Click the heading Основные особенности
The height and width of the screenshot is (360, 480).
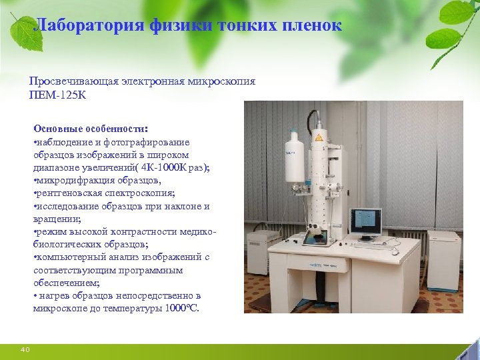[91, 128]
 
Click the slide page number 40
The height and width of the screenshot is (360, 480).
[25, 350]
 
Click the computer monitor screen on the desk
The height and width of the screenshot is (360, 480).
[365, 221]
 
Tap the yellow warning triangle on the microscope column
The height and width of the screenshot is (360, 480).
[319, 137]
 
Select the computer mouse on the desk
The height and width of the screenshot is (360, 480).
[395, 251]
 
